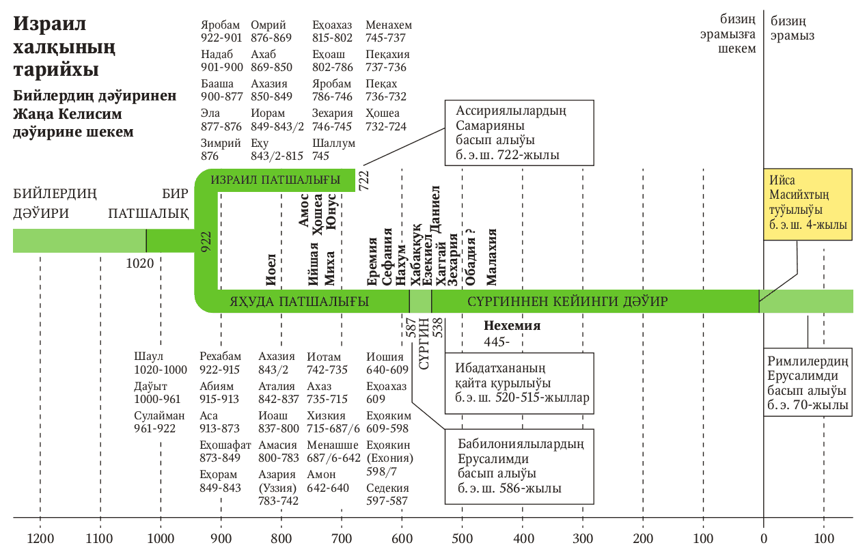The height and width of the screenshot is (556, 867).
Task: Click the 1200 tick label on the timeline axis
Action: [x=40, y=538]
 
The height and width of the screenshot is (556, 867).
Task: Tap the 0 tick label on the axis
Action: [x=763, y=538]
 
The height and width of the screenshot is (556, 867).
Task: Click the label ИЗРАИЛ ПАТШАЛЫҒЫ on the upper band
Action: [x=275, y=180]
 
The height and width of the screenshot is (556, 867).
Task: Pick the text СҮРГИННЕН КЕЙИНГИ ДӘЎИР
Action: [x=567, y=301]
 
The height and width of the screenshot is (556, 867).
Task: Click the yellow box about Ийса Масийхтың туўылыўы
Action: [x=808, y=205]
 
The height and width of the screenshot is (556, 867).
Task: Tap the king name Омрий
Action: [x=264, y=25]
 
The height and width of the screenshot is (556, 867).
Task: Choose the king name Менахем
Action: [x=389, y=25]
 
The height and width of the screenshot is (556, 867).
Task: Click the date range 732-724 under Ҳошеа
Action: [x=386, y=126]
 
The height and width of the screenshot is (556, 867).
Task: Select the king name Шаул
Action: [x=149, y=357]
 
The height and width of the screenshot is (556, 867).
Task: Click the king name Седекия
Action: [x=387, y=488]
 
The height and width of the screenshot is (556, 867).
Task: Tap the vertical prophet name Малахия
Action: [x=492, y=258]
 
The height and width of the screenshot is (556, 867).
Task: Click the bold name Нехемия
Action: [x=512, y=326]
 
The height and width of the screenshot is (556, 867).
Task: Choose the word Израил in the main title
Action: [x=49, y=25]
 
